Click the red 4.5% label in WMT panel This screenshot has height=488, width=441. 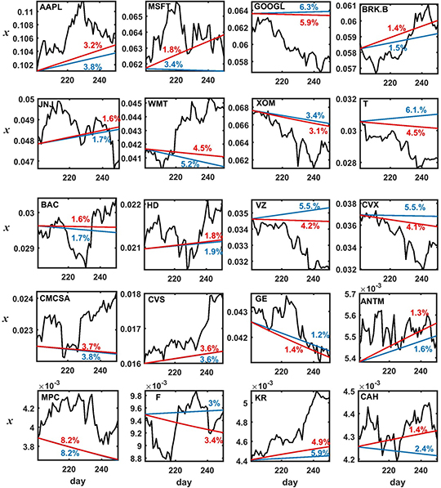[x=201, y=148]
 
